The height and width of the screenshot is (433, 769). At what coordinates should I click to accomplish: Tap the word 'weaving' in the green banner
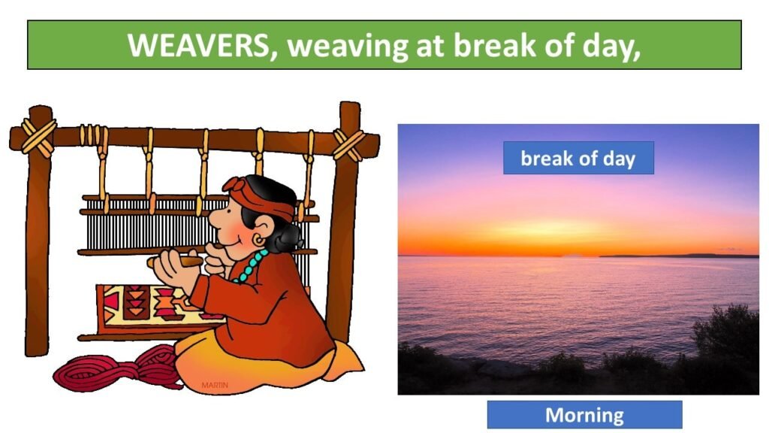coord(347,47)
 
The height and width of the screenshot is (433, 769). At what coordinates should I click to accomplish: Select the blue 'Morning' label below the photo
coord(584,415)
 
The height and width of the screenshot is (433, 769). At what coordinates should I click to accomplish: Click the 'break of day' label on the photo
coord(578,158)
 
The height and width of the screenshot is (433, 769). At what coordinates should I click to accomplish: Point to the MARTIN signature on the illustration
coord(215,385)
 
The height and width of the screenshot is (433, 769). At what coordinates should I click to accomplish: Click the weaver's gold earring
coord(258,240)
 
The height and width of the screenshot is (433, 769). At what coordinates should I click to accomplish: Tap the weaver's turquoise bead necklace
coord(251,266)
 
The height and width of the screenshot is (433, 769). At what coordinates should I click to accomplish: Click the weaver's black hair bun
coord(288,238)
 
